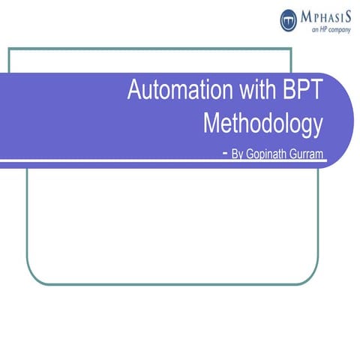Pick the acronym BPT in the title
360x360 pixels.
tap(303, 91)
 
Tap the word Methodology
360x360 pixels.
tap(262, 122)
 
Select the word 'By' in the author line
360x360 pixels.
tap(237, 154)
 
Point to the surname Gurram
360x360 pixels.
tap(310, 154)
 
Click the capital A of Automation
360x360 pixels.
tap(135, 91)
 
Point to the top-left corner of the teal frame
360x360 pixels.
tap(9, 49)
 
